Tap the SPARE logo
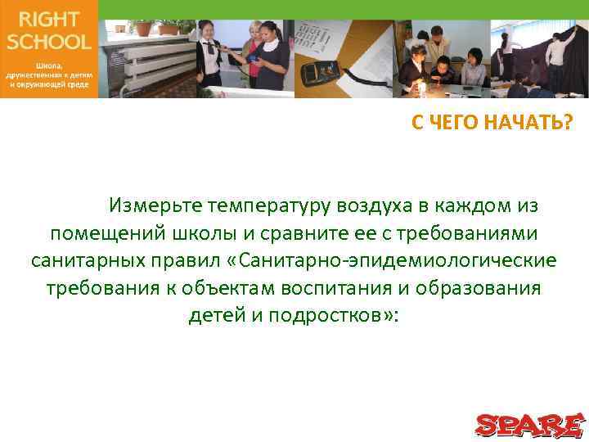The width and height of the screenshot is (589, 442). (529, 425)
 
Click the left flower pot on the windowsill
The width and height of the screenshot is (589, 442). (143, 28)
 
